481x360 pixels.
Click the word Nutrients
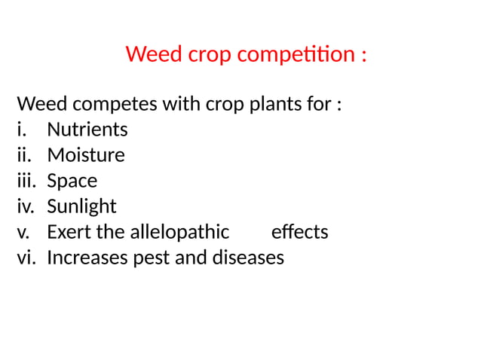[87, 130]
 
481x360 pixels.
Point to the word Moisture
[86, 155]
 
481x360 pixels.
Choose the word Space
[72, 182]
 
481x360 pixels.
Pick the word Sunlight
[81, 206]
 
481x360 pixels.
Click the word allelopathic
[179, 232]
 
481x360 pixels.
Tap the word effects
[299, 232]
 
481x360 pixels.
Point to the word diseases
[249, 258]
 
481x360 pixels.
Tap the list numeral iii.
[25, 181]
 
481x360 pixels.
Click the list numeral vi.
[25, 258]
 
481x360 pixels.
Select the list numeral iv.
[25, 206]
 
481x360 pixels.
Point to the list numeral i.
[20, 130]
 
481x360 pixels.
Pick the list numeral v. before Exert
[23, 232]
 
